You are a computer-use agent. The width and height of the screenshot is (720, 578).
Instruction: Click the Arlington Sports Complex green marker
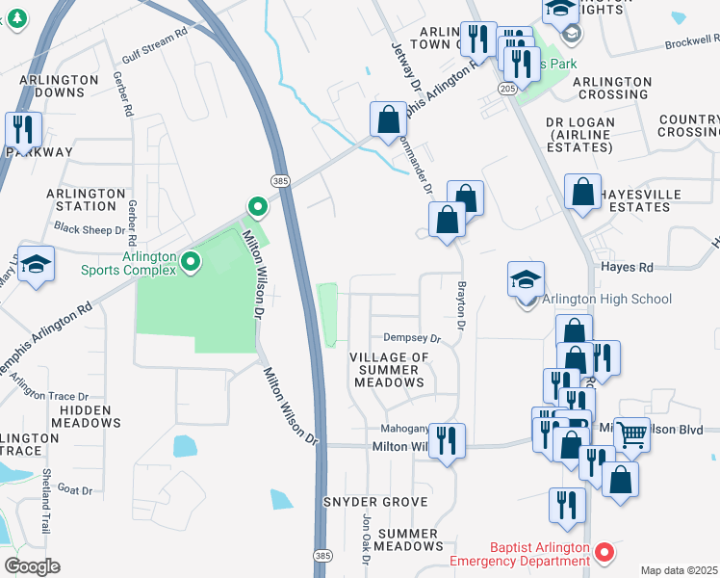coord(191,260)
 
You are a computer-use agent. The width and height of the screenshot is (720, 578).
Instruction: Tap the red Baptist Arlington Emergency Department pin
coord(604,552)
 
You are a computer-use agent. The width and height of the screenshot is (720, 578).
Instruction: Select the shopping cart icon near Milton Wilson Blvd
coord(631,434)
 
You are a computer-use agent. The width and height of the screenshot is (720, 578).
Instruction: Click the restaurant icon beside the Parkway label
coord(22,130)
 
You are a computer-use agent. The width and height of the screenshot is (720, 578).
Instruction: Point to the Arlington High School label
coord(606,299)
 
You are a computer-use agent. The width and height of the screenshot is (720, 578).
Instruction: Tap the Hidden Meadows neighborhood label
coord(90,416)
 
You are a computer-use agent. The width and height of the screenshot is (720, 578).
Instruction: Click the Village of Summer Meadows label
coord(389,370)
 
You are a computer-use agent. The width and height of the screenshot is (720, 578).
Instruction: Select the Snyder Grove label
coord(374,502)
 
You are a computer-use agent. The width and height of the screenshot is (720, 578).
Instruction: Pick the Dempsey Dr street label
coord(411,338)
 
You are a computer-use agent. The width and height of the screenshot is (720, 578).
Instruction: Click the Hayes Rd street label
coord(627,267)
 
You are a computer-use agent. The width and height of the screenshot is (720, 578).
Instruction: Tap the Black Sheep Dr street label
coord(90,229)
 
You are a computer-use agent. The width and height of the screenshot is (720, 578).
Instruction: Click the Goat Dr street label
coord(74,490)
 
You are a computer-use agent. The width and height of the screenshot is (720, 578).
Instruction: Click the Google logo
coord(32,565)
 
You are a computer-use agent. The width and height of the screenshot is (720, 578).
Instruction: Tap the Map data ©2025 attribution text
coord(679,570)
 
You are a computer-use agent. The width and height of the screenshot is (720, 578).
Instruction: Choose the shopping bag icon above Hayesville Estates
coord(582,191)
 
